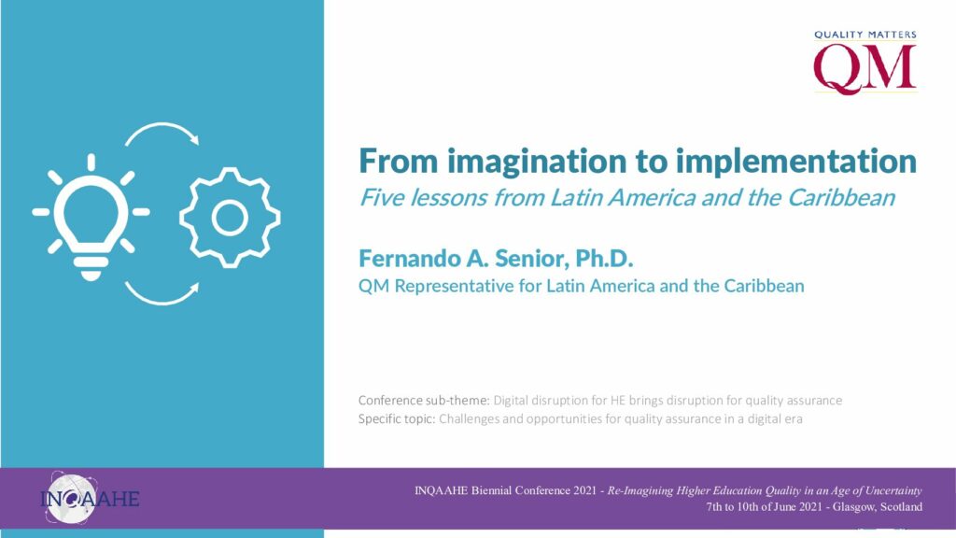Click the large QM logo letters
(865, 69)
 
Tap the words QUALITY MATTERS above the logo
(865, 35)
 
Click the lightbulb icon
(91, 217)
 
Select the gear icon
(230, 218)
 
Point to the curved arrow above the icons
(162, 124)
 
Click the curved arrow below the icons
(162, 302)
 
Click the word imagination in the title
(537, 162)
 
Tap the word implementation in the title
(795, 162)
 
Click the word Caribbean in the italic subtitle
(841, 198)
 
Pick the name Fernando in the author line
(409, 259)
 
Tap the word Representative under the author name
(455, 286)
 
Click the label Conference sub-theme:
(424, 401)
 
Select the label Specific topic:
(396, 419)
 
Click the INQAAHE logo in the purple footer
(90, 499)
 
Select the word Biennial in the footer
(491, 490)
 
